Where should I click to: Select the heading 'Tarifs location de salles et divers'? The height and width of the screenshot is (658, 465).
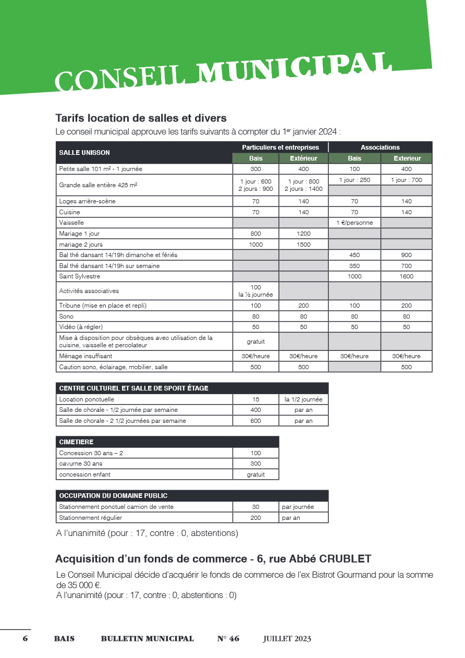click(x=141, y=118)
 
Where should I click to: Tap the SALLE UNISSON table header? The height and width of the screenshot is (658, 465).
click(x=84, y=153)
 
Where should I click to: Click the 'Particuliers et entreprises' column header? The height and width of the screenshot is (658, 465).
click(x=280, y=148)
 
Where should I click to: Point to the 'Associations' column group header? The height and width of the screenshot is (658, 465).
click(x=380, y=148)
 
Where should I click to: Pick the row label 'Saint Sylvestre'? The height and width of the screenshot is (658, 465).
click(x=79, y=276)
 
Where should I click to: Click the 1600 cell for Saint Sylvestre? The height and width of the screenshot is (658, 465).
click(x=406, y=276)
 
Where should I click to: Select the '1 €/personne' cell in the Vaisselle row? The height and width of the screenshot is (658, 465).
click(x=354, y=223)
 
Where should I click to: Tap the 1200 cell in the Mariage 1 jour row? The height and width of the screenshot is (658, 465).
click(x=303, y=234)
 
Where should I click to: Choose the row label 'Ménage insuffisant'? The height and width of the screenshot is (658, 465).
click(x=85, y=356)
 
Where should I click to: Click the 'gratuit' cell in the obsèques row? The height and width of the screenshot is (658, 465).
click(x=255, y=342)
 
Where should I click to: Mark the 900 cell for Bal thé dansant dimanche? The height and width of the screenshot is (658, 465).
click(x=406, y=255)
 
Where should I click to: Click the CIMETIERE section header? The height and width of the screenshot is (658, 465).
click(x=76, y=442)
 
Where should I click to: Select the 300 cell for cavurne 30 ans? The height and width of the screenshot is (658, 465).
click(x=255, y=464)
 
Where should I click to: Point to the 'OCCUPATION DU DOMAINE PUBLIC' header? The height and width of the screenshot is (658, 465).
click(x=113, y=495)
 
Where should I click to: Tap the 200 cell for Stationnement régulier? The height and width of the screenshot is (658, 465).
click(x=255, y=518)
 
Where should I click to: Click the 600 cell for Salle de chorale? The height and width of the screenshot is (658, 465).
click(x=255, y=421)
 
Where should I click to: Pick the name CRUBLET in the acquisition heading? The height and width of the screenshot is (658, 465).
click(x=345, y=559)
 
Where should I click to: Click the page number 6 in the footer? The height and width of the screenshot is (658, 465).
click(x=25, y=639)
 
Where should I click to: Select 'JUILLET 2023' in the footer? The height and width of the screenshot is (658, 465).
click(x=287, y=639)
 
